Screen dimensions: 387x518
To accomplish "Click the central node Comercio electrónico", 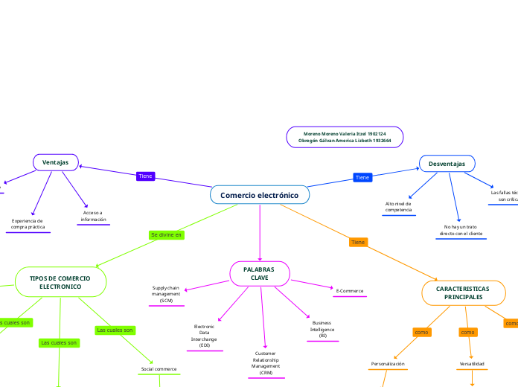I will pyautogui.click(x=259, y=195).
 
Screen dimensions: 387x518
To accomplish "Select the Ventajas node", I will pyautogui.click(x=55, y=161).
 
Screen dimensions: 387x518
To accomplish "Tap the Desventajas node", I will pyautogui.click(x=447, y=163).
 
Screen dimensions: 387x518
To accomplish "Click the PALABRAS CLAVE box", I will pyautogui.click(x=259, y=273).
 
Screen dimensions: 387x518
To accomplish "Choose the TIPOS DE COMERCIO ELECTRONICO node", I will pyautogui.click(x=60, y=282).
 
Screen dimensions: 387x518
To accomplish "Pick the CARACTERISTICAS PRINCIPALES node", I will pyautogui.click(x=463, y=292).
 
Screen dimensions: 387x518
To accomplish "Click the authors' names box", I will pyautogui.click(x=345, y=136).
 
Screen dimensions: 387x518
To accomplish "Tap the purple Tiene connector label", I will pyautogui.click(x=145, y=176).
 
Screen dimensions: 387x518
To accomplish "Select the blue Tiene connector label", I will pyautogui.click(x=362, y=177).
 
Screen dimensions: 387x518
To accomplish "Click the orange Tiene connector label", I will pyautogui.click(x=358, y=242).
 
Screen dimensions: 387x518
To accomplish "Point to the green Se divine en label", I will pyautogui.click(x=166, y=234).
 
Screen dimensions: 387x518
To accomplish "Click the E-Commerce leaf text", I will pyautogui.click(x=349, y=290).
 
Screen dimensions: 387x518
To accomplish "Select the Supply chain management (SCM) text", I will pyautogui.click(x=166, y=293).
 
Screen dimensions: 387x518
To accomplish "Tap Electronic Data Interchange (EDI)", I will pyautogui.click(x=204, y=336).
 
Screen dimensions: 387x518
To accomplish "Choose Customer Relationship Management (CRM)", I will pyautogui.click(x=266, y=362).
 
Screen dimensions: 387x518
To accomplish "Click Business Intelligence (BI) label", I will pyautogui.click(x=322, y=329).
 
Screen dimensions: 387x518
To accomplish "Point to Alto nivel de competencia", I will pyautogui.click(x=399, y=206).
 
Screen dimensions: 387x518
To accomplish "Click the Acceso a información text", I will pyautogui.click(x=94, y=216).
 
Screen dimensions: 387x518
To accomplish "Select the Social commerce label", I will pyautogui.click(x=159, y=369).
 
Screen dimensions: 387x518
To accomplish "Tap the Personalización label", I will pyautogui.click(x=388, y=364).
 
